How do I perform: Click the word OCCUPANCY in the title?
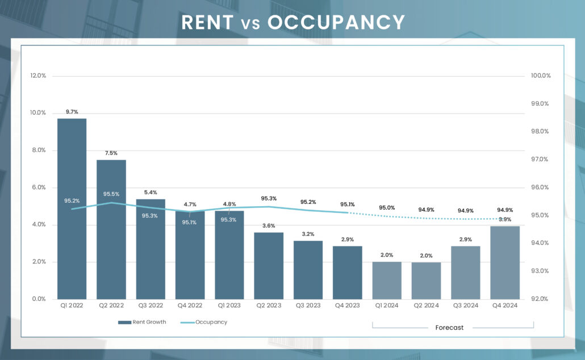tap(336, 22)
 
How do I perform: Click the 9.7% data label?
tap(72, 112)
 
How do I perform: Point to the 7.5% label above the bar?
tap(111, 153)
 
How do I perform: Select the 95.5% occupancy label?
tap(111, 194)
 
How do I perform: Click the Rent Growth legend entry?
tap(143, 323)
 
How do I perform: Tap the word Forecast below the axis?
tap(449, 328)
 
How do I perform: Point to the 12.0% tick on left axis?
tap(38, 76)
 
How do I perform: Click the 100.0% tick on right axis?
tap(540, 76)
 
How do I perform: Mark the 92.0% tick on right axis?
tap(540, 299)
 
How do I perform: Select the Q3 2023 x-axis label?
tap(308, 305)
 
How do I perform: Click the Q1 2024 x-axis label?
tap(387, 305)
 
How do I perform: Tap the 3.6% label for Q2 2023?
tap(269, 225)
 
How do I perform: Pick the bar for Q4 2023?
tap(348, 273)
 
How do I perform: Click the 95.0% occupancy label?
tap(387, 208)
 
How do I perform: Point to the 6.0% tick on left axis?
tap(38, 187)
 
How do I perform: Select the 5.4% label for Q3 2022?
tap(151, 192)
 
